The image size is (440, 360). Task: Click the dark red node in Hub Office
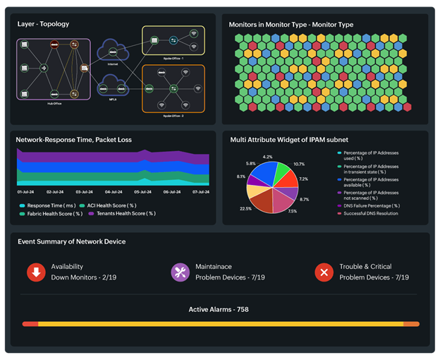(x=53, y=45)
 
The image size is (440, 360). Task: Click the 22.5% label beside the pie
(x=245, y=208)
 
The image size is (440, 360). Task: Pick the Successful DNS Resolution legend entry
(x=372, y=212)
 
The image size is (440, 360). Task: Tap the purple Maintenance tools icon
(x=180, y=272)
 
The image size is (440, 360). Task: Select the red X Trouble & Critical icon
(x=324, y=272)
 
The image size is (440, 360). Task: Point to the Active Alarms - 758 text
(x=219, y=309)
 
